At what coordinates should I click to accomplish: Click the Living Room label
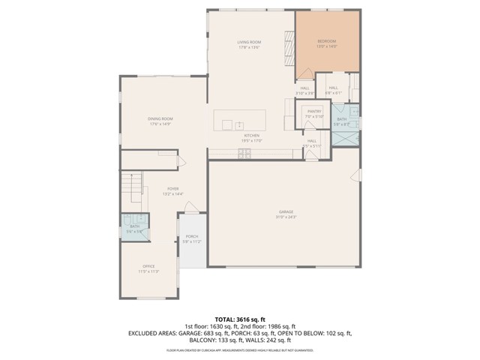248,42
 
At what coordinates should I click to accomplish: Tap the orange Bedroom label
327,41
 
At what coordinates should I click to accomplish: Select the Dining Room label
160,119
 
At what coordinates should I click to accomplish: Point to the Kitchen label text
251,136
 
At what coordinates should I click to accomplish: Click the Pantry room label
313,111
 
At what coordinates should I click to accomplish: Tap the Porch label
193,237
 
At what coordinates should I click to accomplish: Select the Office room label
148,266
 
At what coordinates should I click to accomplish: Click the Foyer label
172,189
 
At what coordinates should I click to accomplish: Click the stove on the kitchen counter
244,153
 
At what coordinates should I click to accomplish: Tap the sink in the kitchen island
239,124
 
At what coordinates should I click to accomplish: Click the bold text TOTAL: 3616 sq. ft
239,318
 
